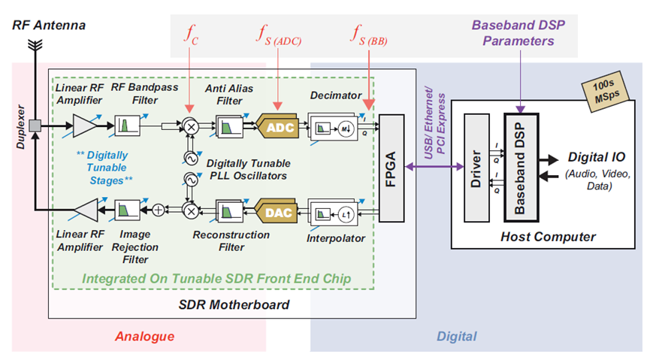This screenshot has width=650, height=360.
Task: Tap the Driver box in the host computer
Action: tap(476, 168)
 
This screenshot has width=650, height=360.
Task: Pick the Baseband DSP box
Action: tap(520, 168)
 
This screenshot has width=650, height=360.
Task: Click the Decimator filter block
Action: tap(335, 127)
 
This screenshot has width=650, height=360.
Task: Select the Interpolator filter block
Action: tap(335, 213)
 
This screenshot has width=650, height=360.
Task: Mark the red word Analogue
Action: tap(145, 336)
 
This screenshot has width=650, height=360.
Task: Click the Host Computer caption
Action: tap(548, 237)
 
